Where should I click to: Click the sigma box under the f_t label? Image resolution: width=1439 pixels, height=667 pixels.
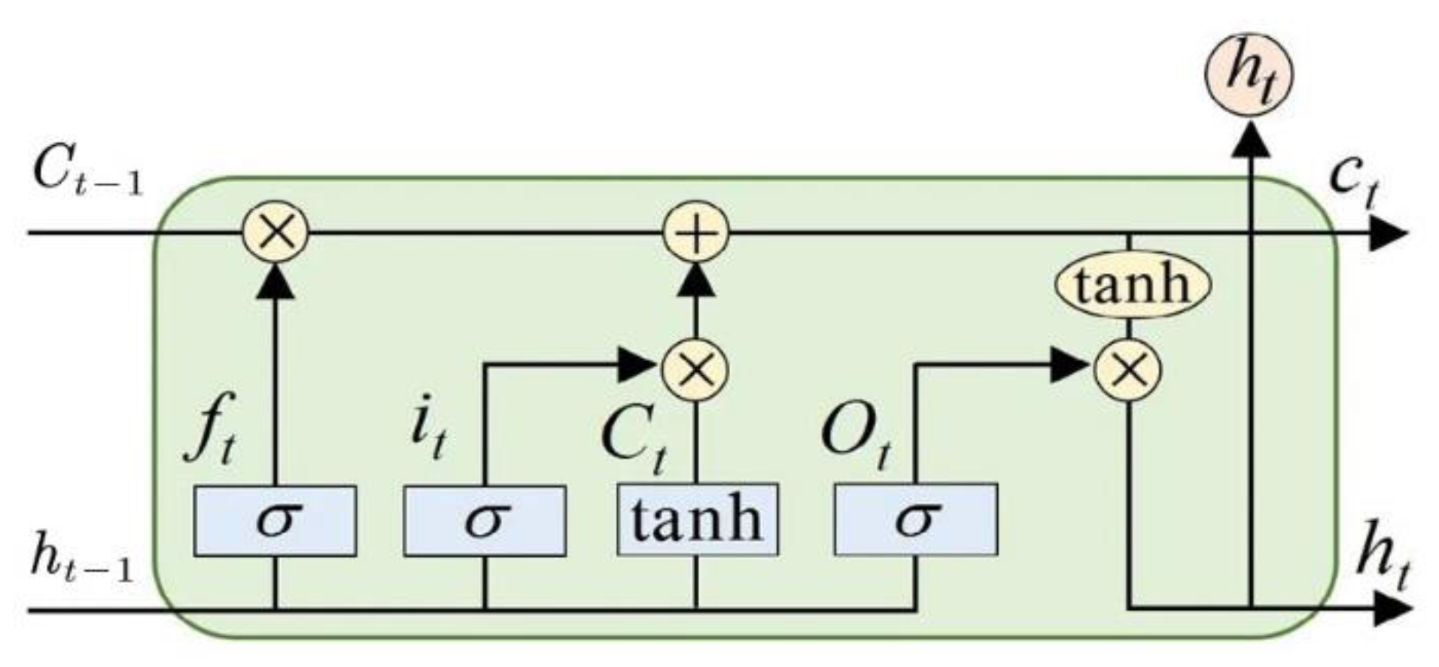point(275,520)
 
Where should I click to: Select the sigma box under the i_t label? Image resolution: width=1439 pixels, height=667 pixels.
point(485,520)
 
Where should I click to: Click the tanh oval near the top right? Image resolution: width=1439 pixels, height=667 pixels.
point(1132,285)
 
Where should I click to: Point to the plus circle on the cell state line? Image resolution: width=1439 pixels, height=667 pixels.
point(696,232)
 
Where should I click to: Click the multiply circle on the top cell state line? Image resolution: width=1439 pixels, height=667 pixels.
point(275,232)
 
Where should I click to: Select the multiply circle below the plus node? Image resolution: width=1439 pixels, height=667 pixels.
point(695,368)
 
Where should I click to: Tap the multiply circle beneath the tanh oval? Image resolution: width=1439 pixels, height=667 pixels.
point(1127,368)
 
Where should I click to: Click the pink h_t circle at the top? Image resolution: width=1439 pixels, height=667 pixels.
point(1249,74)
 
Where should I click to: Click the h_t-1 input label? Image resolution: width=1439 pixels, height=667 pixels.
point(81,560)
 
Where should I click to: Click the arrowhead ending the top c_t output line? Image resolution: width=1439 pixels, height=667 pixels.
point(1388,233)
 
